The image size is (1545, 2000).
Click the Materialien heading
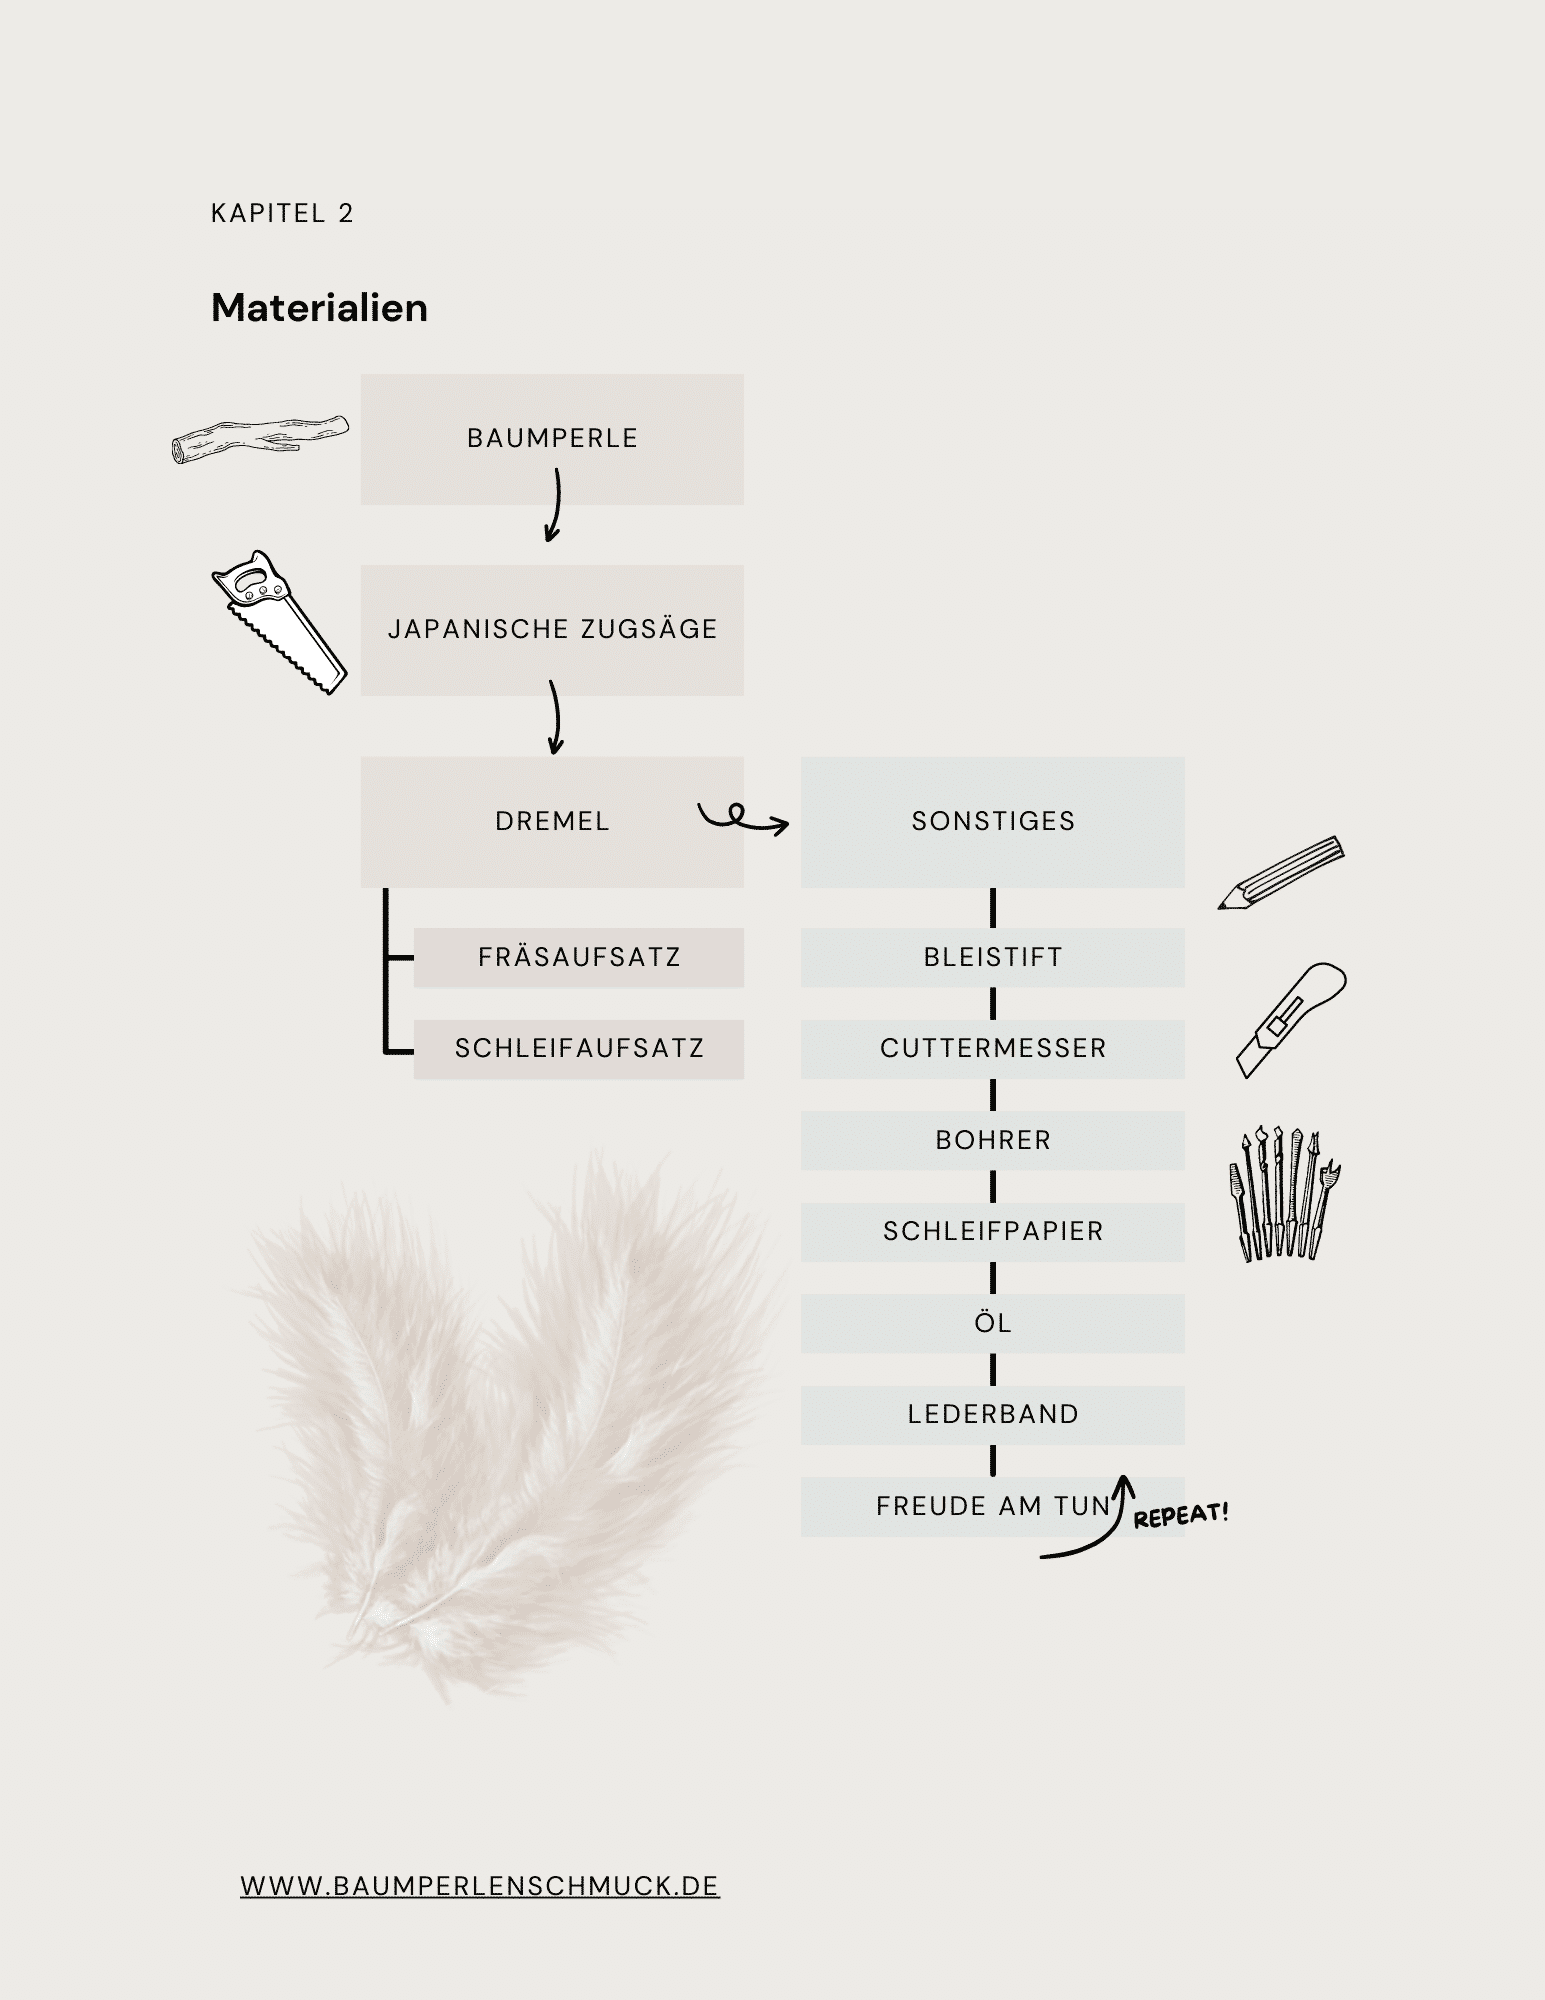[319, 308]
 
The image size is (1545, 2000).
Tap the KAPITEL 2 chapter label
[282, 213]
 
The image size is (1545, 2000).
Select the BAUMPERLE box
[552, 439]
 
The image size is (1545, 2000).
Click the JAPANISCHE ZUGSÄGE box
[552, 630]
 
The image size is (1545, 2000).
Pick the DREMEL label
[552, 821]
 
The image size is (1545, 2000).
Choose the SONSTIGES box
[993, 822]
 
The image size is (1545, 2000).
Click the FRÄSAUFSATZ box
[579, 958]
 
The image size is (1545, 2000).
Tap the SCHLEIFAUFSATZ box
[579, 1049]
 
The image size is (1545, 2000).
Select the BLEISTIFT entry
[993, 958]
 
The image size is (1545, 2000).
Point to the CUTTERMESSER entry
[993, 1049]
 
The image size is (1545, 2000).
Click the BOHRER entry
[993, 1141]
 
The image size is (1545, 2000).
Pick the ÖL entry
[993, 1324]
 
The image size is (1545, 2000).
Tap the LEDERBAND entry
[993, 1415]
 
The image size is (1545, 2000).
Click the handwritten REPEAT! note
[1181, 1514]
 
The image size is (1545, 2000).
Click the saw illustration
[279, 622]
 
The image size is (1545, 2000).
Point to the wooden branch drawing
[261, 440]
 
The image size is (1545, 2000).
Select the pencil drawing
[1281, 872]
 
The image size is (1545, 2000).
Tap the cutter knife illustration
[1291, 1020]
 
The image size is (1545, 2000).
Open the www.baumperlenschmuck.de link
[480, 1886]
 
